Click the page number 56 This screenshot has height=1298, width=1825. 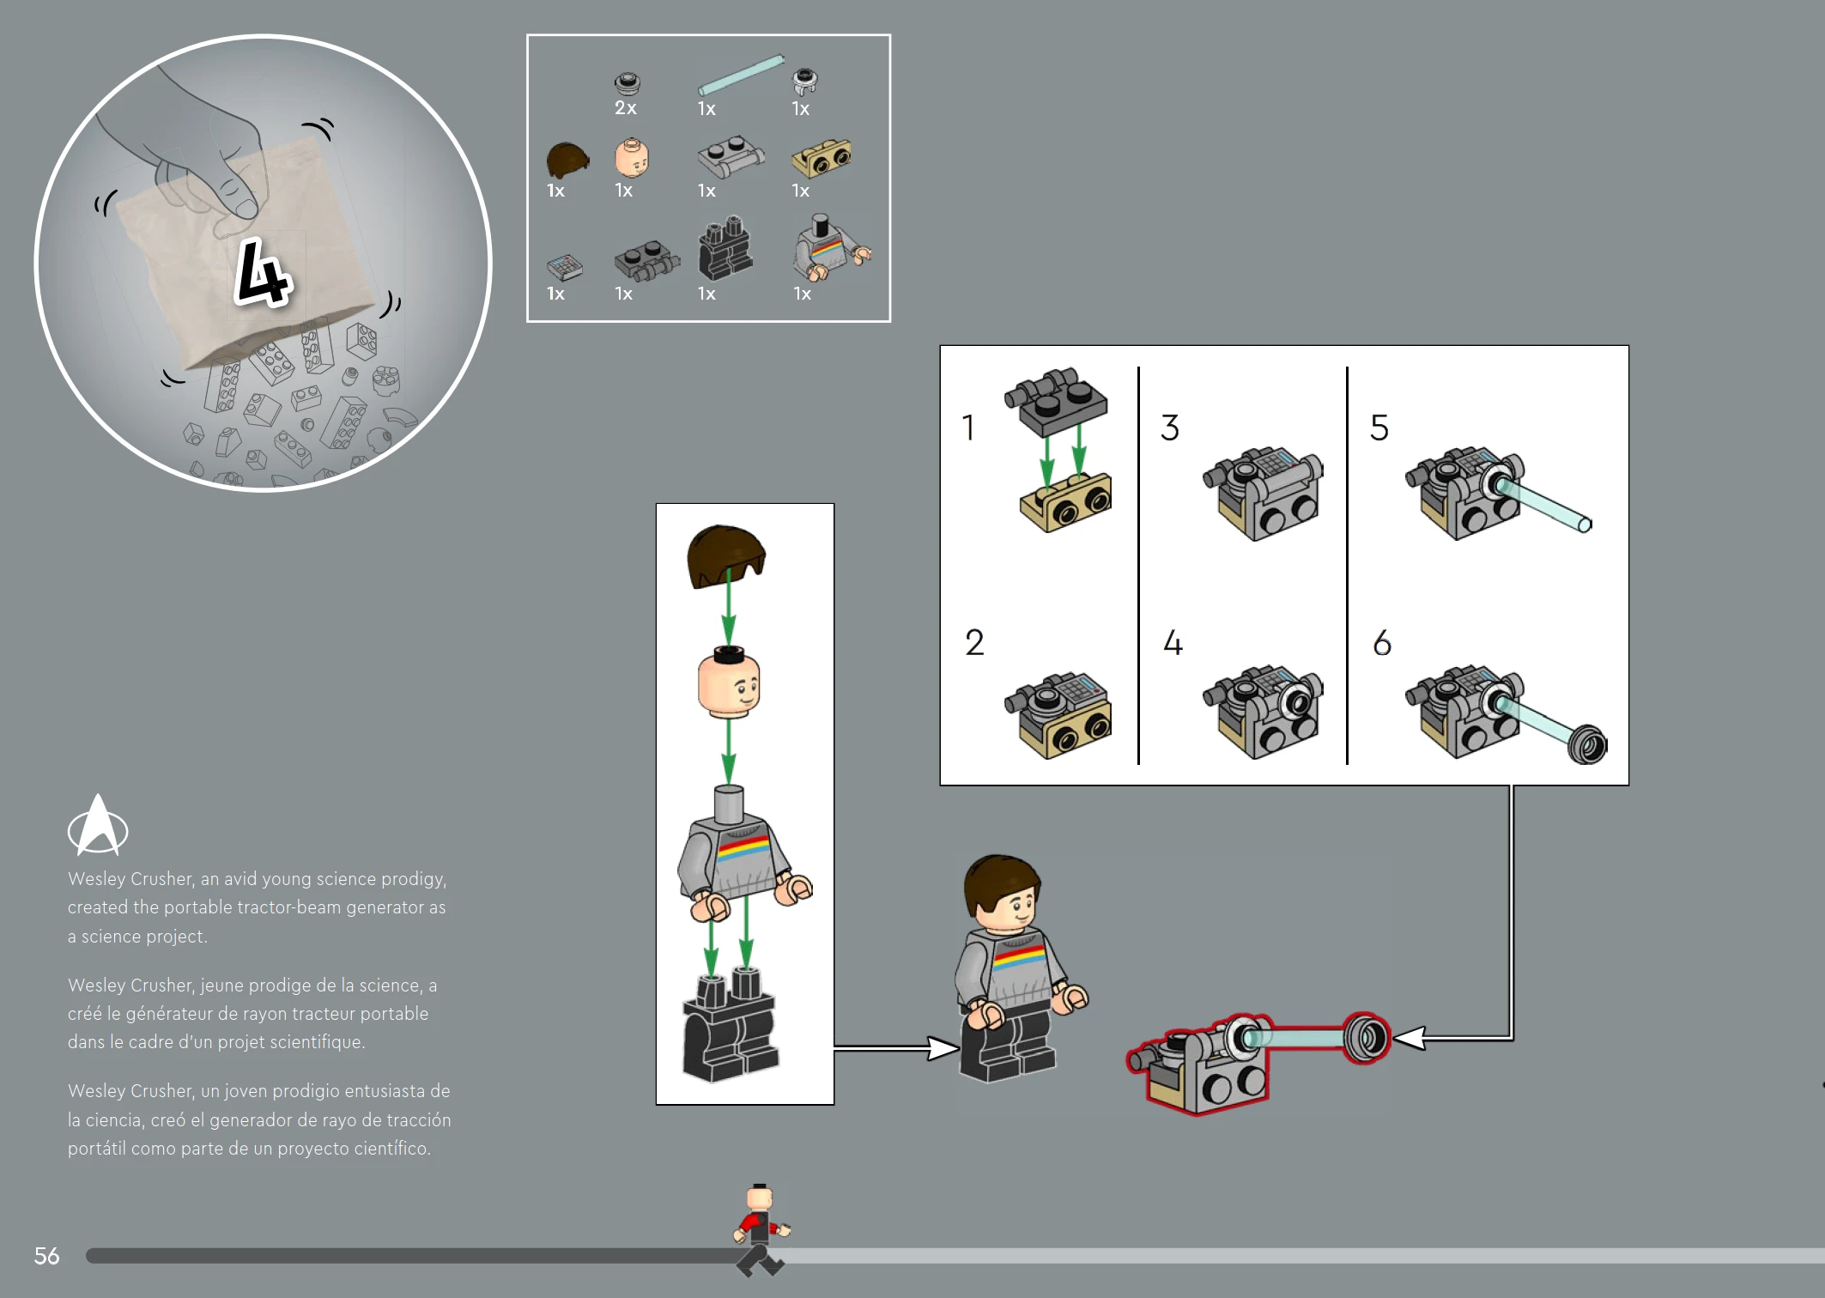(x=46, y=1256)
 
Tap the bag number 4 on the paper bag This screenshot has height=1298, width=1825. (x=263, y=272)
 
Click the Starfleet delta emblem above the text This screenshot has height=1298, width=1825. (x=98, y=825)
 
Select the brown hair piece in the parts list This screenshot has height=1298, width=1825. (x=567, y=160)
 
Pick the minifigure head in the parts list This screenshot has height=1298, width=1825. (x=632, y=158)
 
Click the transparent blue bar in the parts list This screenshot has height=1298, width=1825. (x=741, y=75)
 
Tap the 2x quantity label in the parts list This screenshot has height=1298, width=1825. (x=626, y=108)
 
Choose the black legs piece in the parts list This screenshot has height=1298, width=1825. (x=725, y=248)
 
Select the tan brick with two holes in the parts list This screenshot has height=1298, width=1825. (x=822, y=158)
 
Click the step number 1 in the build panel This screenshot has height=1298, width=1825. (x=968, y=428)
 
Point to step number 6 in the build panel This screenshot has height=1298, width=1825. (x=1382, y=642)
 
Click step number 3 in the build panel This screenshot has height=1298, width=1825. (x=1170, y=428)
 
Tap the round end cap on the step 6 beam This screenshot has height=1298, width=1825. (x=1587, y=743)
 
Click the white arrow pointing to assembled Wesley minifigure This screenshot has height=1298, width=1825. (x=896, y=1047)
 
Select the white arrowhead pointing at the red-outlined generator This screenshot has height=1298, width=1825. (x=1410, y=1038)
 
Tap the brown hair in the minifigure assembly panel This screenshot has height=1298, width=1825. (x=725, y=555)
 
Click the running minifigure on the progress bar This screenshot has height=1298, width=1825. (x=761, y=1229)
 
